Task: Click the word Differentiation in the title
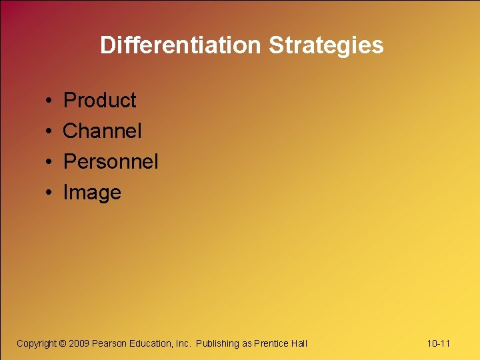pos(181,45)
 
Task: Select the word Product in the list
pos(99,101)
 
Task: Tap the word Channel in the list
pos(102,131)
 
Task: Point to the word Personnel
pos(110,162)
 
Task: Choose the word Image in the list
pos(92,193)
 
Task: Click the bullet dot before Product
pos(50,101)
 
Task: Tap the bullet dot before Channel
pos(50,132)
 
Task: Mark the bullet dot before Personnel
pos(50,163)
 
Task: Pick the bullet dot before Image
pos(50,193)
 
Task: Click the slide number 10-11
pos(439,343)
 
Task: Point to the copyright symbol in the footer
pos(63,343)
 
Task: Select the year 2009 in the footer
pos(79,343)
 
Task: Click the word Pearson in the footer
pos(109,343)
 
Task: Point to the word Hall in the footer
pos(299,343)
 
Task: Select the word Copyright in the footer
pos(37,343)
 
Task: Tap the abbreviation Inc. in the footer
pos(183,343)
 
